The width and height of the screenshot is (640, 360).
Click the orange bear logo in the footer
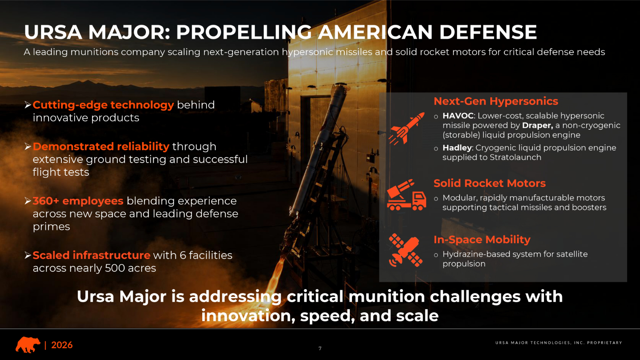(28, 345)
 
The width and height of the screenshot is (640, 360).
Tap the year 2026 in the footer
(62, 345)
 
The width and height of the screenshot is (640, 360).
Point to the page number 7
(320, 348)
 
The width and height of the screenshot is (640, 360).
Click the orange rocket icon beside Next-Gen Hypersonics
(406, 128)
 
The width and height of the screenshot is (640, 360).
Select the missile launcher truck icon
(406, 195)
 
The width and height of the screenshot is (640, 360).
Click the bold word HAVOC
(458, 116)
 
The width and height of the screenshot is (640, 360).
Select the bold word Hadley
(457, 148)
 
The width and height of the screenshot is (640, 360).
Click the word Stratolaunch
(515, 157)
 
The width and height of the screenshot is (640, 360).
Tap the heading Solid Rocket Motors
(489, 183)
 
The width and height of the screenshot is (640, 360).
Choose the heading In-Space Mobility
(482, 240)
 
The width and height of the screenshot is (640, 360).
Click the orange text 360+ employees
(78, 201)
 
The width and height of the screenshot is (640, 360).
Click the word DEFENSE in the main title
(488, 32)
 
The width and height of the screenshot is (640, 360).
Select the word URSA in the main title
(53, 32)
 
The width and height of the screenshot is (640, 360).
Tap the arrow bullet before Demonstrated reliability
(28, 147)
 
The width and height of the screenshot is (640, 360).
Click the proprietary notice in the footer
(559, 343)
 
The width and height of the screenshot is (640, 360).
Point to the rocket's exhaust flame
(276, 276)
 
